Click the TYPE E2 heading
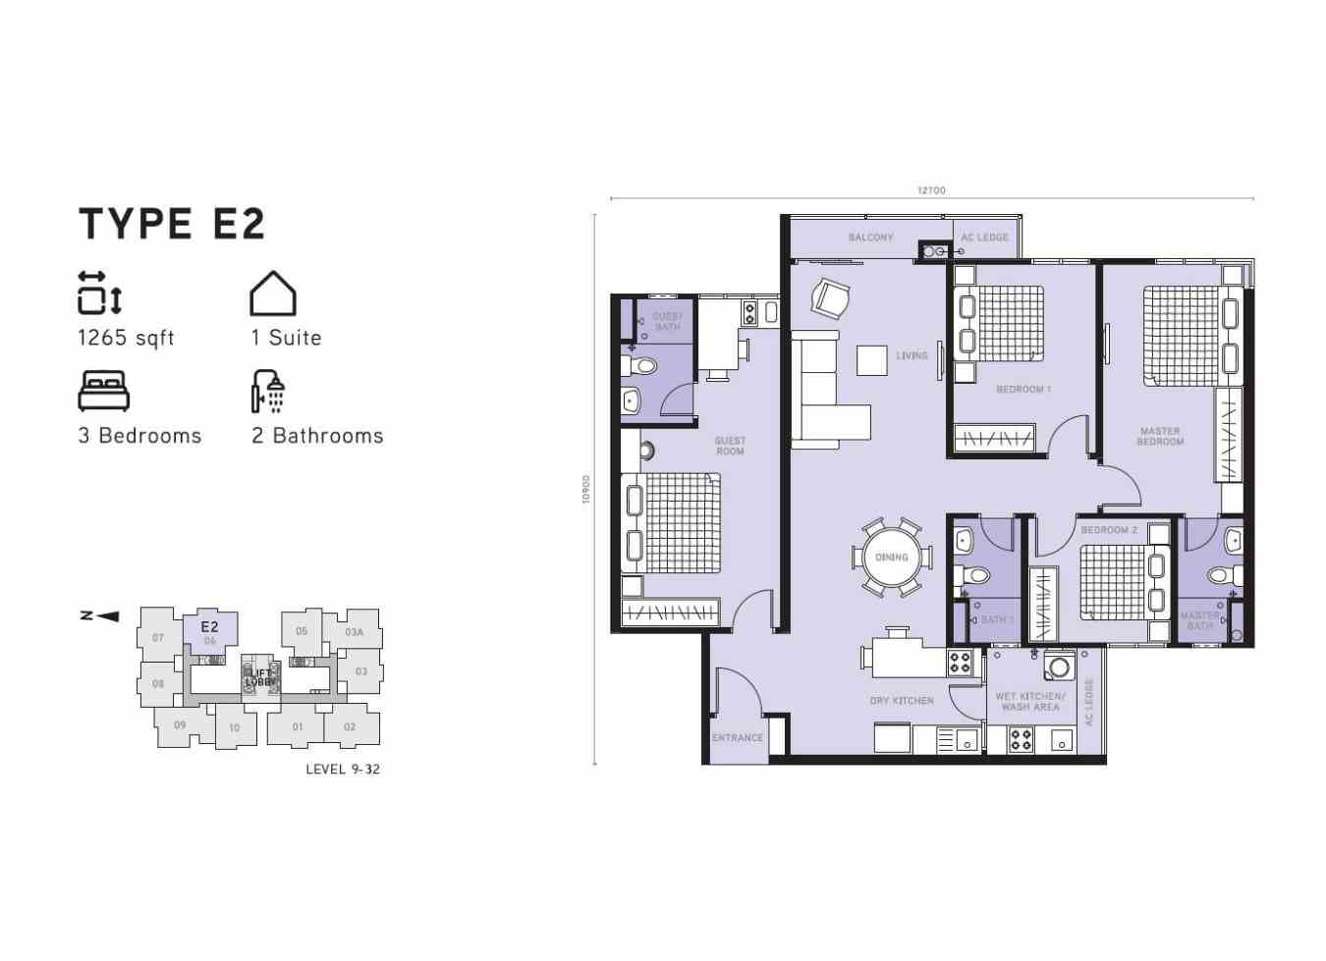(x=172, y=224)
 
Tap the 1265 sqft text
(x=126, y=338)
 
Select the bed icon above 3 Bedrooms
(x=103, y=391)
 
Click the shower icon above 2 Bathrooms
(x=268, y=392)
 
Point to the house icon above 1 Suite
(x=273, y=293)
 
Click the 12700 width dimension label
(x=931, y=190)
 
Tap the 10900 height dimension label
(x=586, y=490)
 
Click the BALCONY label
(x=870, y=238)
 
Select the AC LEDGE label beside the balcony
(x=984, y=238)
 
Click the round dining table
(x=892, y=558)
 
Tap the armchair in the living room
(x=831, y=297)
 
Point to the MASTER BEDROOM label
(x=1160, y=437)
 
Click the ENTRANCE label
(x=738, y=738)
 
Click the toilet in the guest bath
(x=642, y=366)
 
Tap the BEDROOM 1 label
(x=1023, y=390)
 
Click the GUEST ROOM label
(x=730, y=447)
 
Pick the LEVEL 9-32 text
(x=342, y=769)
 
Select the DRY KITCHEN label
(x=902, y=701)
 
